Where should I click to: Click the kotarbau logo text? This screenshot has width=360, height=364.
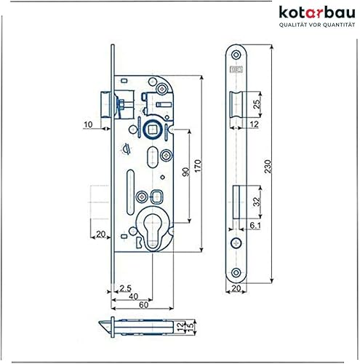click(317, 12)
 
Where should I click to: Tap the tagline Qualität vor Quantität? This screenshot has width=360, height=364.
click(317, 25)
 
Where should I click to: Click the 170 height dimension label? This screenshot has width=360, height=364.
click(198, 166)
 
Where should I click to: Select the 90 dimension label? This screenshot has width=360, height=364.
click(185, 172)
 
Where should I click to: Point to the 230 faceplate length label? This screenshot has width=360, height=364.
click(268, 167)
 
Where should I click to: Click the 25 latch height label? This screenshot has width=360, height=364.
click(257, 104)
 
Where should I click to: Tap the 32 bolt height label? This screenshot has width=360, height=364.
click(257, 202)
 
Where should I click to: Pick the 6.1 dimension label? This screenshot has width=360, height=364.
click(255, 226)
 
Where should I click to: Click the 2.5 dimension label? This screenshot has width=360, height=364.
click(125, 288)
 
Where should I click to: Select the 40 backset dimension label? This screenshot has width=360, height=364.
click(133, 296)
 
